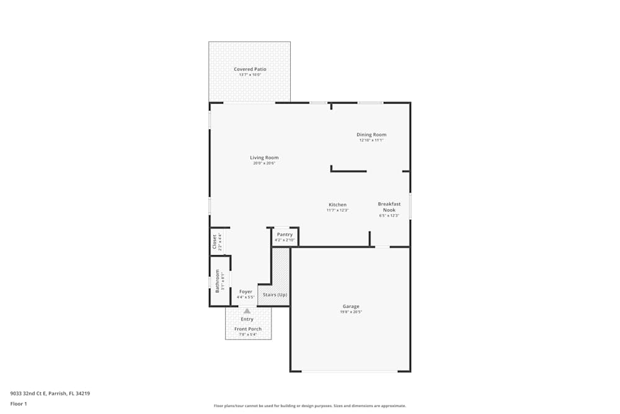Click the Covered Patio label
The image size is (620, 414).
(250, 69)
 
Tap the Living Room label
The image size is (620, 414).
(264, 158)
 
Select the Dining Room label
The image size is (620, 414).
(371, 135)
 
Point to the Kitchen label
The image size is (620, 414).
(337, 205)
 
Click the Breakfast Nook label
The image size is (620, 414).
(389, 207)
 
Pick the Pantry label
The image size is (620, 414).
(285, 234)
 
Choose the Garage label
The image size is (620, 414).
(351, 306)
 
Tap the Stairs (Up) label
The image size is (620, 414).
(275, 294)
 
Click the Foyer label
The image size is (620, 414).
(246, 292)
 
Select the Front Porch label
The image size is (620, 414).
(248, 329)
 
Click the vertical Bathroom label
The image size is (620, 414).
(217, 281)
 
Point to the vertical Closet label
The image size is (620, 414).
(215, 241)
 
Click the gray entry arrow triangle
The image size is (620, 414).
(247, 311)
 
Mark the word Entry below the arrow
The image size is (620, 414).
(247, 319)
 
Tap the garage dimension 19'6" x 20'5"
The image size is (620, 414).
(351, 312)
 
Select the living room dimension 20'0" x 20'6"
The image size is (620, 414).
(264, 164)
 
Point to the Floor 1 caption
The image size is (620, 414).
(19, 403)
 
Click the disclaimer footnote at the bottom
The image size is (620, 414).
(310, 405)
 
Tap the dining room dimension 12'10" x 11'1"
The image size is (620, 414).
(371, 140)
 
